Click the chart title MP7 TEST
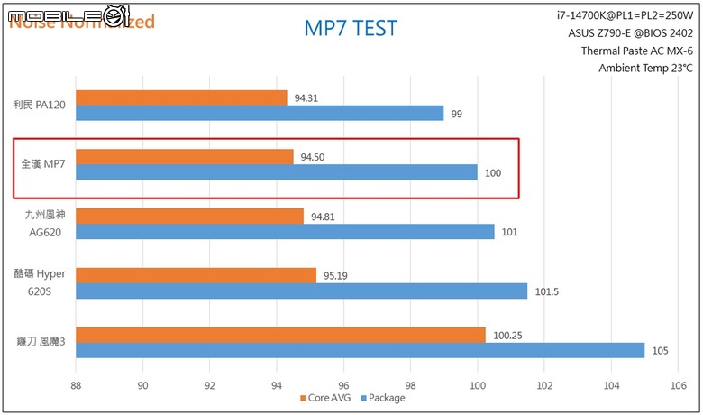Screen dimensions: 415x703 pyautogui.click(x=350, y=30)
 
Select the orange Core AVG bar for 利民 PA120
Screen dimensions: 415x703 pyautogui.click(x=181, y=97)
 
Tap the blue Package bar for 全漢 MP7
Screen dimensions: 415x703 pyautogui.click(x=276, y=171)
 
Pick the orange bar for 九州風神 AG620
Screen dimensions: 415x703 pyautogui.click(x=189, y=216)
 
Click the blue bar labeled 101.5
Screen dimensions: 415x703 pyautogui.click(x=301, y=290)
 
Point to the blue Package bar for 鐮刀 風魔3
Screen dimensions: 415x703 pyautogui.click(x=360, y=350)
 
